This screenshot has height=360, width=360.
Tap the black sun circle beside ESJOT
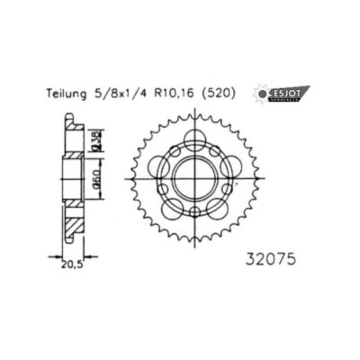[263, 93]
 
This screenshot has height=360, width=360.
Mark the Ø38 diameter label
[95, 140]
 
